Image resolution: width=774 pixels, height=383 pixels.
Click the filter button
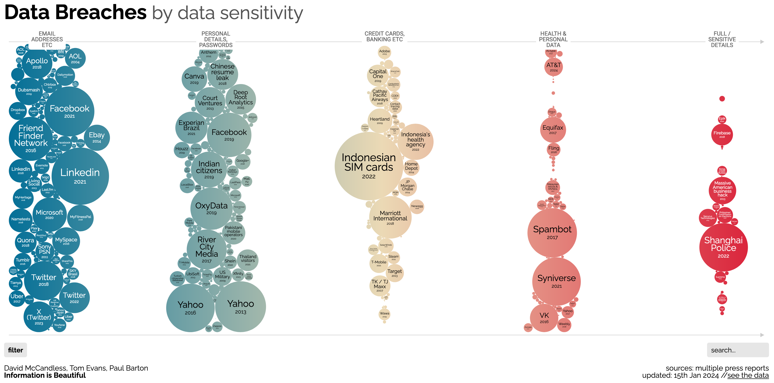[x=15, y=350]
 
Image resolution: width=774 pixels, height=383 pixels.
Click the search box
[x=737, y=350]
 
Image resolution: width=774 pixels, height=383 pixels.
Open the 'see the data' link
[x=748, y=376]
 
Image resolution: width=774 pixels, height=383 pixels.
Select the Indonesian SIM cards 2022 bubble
[x=369, y=166]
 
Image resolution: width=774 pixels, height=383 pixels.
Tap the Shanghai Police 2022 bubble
[x=723, y=247]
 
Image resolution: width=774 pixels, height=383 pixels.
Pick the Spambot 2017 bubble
[x=552, y=233]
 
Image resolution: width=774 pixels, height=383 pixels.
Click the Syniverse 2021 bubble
[x=556, y=281]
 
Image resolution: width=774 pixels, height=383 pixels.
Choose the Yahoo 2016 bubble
[x=190, y=308]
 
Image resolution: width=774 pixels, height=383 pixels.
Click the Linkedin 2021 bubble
[x=80, y=176]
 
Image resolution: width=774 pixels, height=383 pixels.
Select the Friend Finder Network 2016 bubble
[x=31, y=138]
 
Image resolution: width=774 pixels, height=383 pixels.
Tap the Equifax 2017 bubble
[x=553, y=130]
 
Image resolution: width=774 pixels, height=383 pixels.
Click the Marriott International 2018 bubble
[x=390, y=217]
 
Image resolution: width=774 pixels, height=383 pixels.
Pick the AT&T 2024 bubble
[x=553, y=67]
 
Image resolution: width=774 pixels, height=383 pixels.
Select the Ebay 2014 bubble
[x=96, y=138]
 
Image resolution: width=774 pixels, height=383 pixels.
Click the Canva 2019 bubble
[x=194, y=79]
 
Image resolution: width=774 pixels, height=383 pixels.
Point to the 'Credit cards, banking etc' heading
[x=384, y=36]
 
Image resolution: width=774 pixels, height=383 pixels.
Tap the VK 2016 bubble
[x=544, y=318]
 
